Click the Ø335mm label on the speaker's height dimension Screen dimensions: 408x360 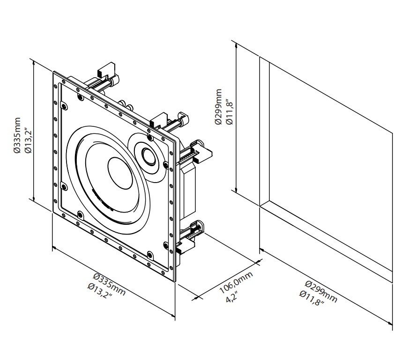(x=17, y=135)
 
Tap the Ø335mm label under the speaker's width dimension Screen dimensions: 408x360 (x=110, y=284)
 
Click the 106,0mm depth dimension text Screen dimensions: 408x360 (x=236, y=283)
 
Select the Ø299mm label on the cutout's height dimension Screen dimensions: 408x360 (x=218, y=107)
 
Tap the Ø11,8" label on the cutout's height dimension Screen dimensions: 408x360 (x=229, y=111)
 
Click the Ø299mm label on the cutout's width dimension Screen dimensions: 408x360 (x=321, y=292)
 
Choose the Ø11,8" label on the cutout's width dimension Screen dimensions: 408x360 (x=312, y=298)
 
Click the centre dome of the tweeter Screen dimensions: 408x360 (x=148, y=156)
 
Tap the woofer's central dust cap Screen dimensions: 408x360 (x=120, y=173)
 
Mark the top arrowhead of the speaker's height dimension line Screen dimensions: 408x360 (x=34, y=62)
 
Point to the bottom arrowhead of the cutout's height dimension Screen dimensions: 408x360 (x=236, y=190)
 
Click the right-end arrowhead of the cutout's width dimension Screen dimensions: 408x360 (x=390, y=324)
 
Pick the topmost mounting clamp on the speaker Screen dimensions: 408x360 (x=106, y=70)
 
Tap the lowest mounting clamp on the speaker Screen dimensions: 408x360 (x=186, y=246)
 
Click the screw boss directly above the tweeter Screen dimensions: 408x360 (x=150, y=137)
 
